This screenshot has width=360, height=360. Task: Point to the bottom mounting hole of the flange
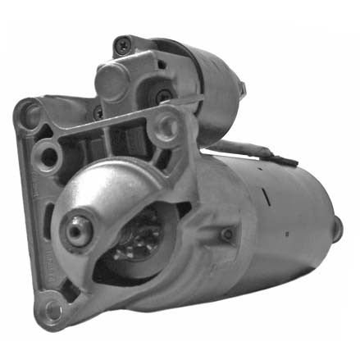54,311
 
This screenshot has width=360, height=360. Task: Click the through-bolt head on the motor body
226,236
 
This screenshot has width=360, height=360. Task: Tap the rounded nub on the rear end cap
337,230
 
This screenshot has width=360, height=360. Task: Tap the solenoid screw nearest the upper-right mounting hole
164,96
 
